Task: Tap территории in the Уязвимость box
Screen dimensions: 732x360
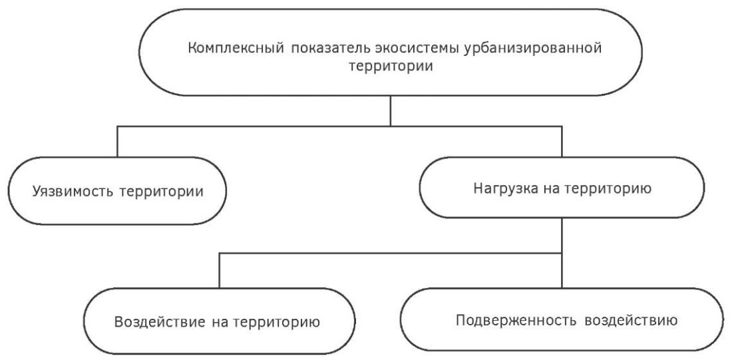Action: point(161,192)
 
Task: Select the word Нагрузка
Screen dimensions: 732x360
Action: point(506,188)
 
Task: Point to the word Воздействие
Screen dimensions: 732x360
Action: point(160,323)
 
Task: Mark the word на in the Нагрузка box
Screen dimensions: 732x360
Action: point(552,190)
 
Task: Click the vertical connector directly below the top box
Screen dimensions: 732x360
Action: point(390,110)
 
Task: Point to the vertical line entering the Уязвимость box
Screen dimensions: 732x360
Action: point(117,142)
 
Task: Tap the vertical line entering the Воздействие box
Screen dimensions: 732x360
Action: point(220,270)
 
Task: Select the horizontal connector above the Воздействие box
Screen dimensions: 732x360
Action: point(390,253)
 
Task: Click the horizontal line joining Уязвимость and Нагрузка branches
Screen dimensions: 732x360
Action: point(339,126)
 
